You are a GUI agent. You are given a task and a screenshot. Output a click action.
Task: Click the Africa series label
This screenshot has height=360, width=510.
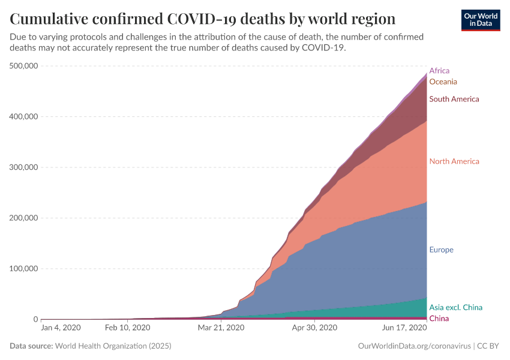coord(439,71)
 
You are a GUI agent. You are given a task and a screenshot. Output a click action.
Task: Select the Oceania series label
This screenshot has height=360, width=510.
coord(443,82)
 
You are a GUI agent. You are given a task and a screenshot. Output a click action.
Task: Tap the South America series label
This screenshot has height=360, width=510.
coord(454,99)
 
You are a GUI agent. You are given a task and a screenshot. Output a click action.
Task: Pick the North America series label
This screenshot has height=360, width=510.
coord(454,161)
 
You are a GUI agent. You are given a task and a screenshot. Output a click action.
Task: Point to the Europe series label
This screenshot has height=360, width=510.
coord(441,250)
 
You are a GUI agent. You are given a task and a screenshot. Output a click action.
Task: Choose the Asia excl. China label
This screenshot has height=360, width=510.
coord(455,308)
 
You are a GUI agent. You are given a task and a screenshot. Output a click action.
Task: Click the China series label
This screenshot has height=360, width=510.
coord(439,319)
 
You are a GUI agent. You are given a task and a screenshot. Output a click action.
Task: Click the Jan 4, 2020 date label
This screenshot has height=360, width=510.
coord(61,328)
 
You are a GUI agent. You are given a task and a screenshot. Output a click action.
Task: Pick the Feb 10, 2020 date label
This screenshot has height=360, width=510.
coord(128,328)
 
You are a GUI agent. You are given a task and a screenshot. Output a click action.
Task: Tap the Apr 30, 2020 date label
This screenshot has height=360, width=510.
coord(315,328)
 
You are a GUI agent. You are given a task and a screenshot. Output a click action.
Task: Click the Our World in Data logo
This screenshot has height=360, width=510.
coord(481,20)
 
